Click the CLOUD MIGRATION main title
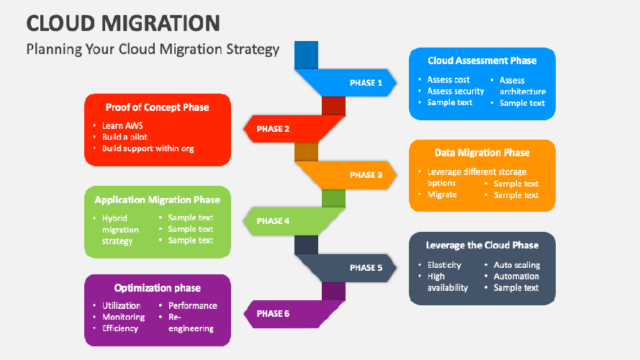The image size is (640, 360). pos(122,22)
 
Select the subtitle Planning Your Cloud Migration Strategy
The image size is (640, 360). pos(152,50)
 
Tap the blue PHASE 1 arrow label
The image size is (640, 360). pos(366,83)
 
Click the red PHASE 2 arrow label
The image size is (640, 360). pos(274,129)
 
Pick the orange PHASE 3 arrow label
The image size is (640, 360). pos(366,175)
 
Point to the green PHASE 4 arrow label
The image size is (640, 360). pos(274,221)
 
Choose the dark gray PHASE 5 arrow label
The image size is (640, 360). pos(366,268)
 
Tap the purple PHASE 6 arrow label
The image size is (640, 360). pos(274,314)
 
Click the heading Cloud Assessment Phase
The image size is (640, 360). pos(482,61)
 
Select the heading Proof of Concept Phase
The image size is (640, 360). pos(157,107)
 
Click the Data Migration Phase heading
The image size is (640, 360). pos(482,153)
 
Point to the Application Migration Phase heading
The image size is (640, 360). pos(157,199)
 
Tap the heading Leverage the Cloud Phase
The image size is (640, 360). pos(482,245)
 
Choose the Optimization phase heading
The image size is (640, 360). pos(157,288)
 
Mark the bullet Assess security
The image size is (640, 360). pos(456,91)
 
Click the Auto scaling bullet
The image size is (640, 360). pos(516,265)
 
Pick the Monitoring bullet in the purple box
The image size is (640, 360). pos(123,317)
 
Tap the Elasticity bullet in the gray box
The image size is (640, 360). pos(444,265)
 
